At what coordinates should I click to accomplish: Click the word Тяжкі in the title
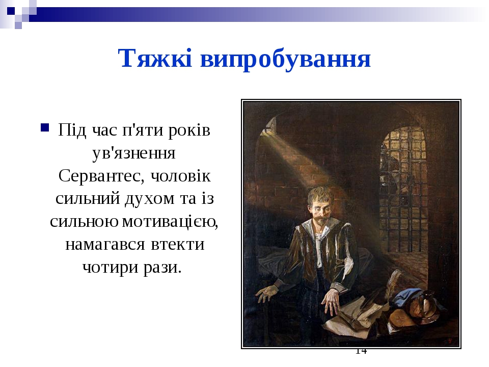(155, 58)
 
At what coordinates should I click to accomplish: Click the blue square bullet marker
(45, 127)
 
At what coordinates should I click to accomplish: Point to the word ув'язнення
(134, 152)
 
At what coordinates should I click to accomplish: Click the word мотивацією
(170, 222)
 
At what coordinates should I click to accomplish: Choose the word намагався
(105, 244)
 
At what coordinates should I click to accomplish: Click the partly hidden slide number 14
(361, 351)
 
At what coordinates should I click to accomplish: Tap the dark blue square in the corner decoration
(11, 11)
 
